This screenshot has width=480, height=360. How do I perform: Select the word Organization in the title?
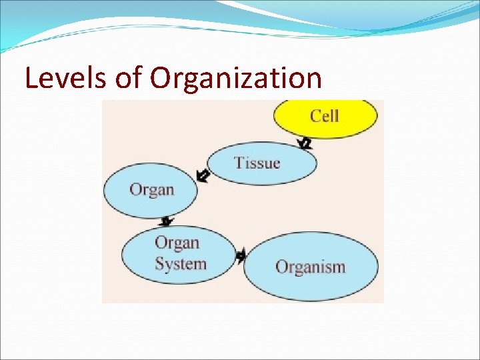[236, 79]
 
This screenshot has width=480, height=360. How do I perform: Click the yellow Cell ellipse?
[325, 117]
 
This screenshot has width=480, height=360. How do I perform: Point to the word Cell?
[325, 116]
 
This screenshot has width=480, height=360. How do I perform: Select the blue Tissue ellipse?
[261, 164]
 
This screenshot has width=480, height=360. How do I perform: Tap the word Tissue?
[257, 163]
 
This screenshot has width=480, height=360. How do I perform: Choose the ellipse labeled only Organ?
[151, 191]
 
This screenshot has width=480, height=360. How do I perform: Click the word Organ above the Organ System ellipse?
[151, 189]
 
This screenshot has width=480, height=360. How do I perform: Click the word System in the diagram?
[180, 264]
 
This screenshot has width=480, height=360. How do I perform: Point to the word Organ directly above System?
[177, 243]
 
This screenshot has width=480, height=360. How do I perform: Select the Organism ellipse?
[311, 267]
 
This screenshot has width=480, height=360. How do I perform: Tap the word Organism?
[311, 267]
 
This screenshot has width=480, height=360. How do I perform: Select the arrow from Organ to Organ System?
[166, 221]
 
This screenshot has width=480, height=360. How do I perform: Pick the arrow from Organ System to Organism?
[241, 255]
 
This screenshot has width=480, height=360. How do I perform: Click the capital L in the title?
[31, 79]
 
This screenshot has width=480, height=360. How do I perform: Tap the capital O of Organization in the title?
[162, 79]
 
